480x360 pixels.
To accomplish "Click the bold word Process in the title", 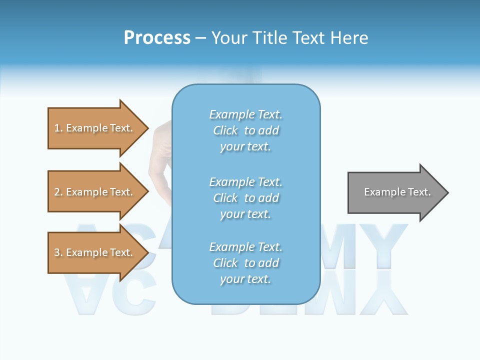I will pyautogui.click(x=157, y=38).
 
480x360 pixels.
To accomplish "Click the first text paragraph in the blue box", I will pyautogui.click(x=245, y=130).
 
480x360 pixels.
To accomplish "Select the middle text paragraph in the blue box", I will pyautogui.click(x=245, y=198).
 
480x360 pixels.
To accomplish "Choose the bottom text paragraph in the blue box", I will pyautogui.click(x=245, y=263).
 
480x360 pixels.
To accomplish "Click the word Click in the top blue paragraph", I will pyautogui.click(x=225, y=130).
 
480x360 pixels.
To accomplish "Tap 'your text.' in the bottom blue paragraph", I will pyautogui.click(x=245, y=279).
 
